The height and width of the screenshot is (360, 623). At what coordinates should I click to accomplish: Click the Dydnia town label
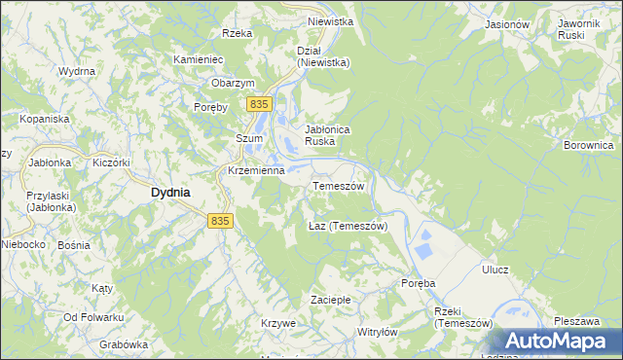point(170,193)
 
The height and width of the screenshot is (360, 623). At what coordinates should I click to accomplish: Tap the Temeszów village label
point(338,186)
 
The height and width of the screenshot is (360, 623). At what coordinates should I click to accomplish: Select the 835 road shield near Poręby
point(258,104)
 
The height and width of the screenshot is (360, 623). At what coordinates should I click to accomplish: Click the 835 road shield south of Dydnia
point(220,222)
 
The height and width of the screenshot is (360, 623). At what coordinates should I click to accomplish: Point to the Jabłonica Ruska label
point(327,134)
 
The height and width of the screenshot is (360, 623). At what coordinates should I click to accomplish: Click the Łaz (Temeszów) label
point(348,226)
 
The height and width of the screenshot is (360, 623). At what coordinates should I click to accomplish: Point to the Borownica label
point(588,145)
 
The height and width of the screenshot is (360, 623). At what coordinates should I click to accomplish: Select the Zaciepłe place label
point(329,298)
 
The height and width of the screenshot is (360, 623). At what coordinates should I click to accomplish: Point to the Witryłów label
point(378,332)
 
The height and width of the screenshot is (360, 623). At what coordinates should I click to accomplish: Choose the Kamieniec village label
point(199,59)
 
